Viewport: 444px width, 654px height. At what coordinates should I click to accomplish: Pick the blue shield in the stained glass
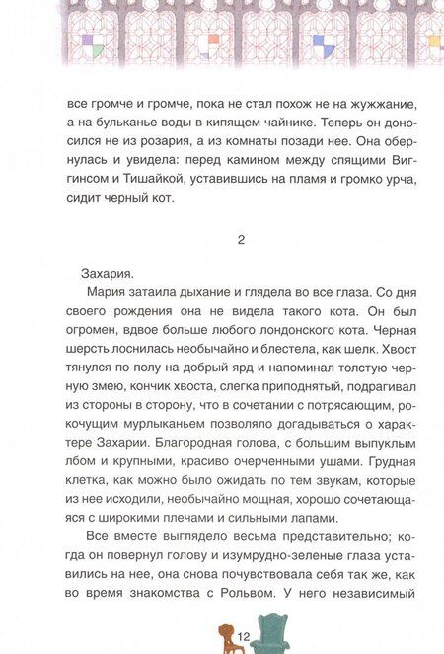323,41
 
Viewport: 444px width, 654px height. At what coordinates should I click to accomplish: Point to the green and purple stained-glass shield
91,41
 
